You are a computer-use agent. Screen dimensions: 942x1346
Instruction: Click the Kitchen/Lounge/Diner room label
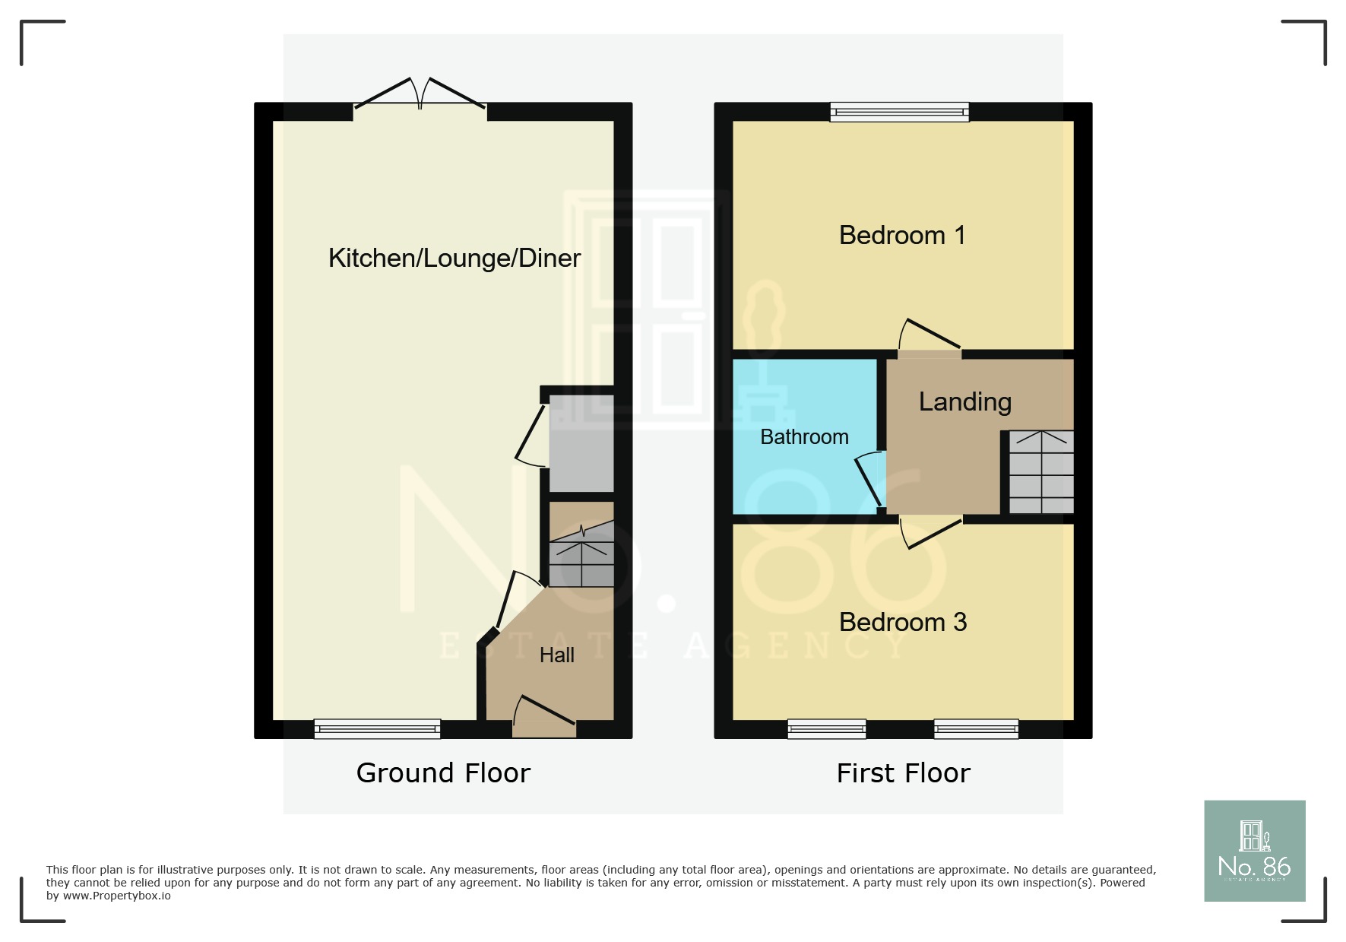coord(454,258)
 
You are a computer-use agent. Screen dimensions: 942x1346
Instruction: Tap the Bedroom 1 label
coord(902,236)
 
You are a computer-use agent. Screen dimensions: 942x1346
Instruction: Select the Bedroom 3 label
coord(903,623)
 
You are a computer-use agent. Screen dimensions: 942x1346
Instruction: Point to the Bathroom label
coord(804,437)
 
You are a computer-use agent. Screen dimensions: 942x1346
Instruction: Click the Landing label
coord(964,401)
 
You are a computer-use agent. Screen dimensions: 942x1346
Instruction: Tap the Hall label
coord(556,655)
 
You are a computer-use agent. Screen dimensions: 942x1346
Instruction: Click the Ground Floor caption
coord(443,773)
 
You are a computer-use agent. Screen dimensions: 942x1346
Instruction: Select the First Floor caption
coord(903,773)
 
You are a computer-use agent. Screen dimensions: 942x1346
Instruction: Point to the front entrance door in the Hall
coord(544,719)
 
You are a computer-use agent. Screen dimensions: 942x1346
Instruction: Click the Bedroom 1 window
coord(899,113)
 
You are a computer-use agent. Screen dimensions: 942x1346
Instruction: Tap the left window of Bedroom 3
coord(826,729)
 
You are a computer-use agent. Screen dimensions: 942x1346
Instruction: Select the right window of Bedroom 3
coord(976,729)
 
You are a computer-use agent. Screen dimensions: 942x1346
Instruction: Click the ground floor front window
coord(377,729)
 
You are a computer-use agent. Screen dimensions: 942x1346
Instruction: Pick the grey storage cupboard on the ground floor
coord(581,443)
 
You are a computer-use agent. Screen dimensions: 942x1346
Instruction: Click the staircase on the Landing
coord(1041,472)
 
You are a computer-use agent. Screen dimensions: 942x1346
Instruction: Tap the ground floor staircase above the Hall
coord(581,555)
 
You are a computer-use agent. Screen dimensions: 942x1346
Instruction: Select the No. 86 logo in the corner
coord(1254,851)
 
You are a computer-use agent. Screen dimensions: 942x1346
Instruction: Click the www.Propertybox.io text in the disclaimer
coord(116,896)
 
